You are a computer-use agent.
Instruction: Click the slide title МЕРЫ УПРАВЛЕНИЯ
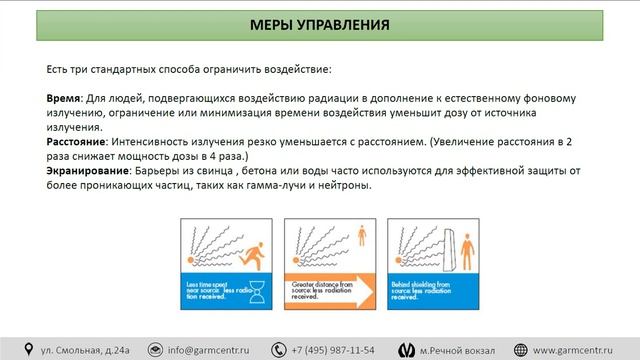coord(320,22)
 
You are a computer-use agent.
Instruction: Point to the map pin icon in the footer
coord(28,349)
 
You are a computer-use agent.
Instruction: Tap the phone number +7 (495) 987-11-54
coord(334,349)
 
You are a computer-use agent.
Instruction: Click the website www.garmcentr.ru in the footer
coord(574,349)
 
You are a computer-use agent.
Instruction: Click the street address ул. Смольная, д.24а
coord(85,349)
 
